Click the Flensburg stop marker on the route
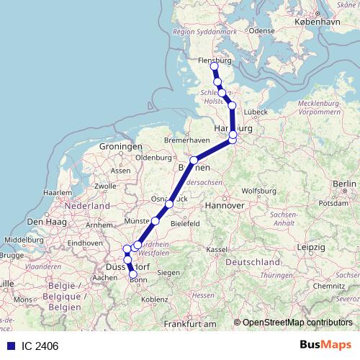(214, 66)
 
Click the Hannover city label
(226, 205)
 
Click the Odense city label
(262, 31)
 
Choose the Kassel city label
(216, 248)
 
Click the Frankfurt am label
(190, 325)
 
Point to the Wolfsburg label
(258, 191)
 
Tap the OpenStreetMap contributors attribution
(297, 323)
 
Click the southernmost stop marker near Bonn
(132, 274)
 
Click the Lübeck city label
(256, 112)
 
